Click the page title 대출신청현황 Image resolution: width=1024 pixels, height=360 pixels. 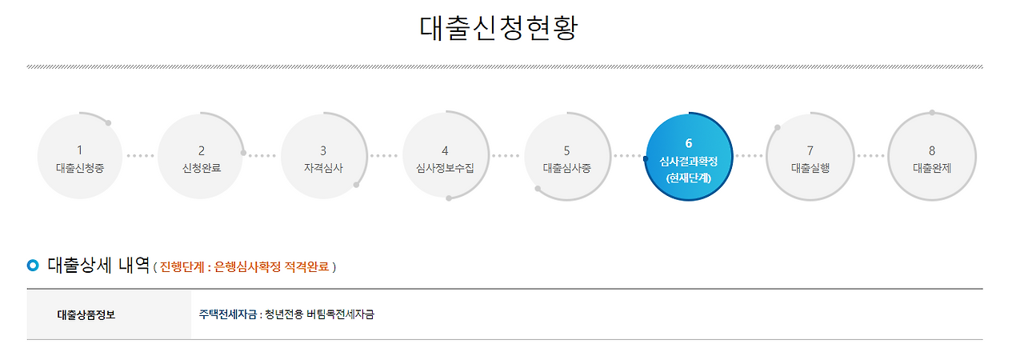(498, 28)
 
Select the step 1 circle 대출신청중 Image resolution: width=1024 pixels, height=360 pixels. (79, 157)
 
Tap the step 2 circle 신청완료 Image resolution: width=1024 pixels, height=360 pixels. (201, 157)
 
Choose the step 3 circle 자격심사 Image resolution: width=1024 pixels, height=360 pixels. (323, 157)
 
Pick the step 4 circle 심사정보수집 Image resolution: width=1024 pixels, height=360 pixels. (445, 157)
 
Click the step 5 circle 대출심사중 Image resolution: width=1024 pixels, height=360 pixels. (566, 157)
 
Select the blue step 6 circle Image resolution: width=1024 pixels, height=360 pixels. (688, 157)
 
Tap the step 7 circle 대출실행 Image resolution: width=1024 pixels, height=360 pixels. (810, 157)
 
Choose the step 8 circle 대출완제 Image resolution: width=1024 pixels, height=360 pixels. (932, 157)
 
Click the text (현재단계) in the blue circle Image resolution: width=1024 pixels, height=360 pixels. (688, 178)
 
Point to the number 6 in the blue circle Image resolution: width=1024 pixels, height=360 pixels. (688, 143)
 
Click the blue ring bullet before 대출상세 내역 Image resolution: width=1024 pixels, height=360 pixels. (33, 265)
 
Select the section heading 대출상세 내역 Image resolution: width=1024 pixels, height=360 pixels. (98, 264)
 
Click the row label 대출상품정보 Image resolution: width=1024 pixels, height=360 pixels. (86, 314)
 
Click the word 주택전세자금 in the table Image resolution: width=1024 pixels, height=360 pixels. (227, 314)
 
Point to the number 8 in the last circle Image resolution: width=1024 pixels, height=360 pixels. (932, 150)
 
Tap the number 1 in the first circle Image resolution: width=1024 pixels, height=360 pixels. (79, 150)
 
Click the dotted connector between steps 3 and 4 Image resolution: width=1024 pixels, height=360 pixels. (384, 156)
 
